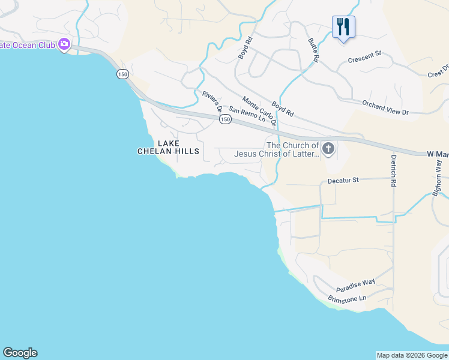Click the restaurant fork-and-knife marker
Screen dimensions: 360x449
343,27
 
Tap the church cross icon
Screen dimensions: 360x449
328,149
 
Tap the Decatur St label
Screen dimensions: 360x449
343,179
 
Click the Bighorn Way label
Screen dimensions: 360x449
438,176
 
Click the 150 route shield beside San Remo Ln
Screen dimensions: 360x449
225,119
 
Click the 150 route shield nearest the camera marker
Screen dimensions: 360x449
123,74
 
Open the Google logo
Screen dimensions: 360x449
20,353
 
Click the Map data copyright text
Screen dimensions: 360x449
412,355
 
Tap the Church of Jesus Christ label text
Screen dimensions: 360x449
293,149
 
